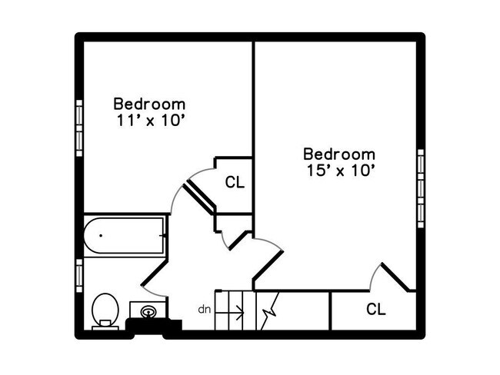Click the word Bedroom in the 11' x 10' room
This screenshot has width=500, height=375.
149,103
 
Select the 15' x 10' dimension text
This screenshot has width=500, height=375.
339,171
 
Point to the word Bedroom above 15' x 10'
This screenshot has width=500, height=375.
339,154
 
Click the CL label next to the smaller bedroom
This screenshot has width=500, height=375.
235,183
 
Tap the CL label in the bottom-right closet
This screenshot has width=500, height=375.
375,310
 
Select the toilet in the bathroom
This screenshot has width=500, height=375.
105,310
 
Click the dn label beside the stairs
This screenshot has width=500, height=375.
205,310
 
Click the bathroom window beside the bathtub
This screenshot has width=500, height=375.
79,272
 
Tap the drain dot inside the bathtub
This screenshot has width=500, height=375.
101,236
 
